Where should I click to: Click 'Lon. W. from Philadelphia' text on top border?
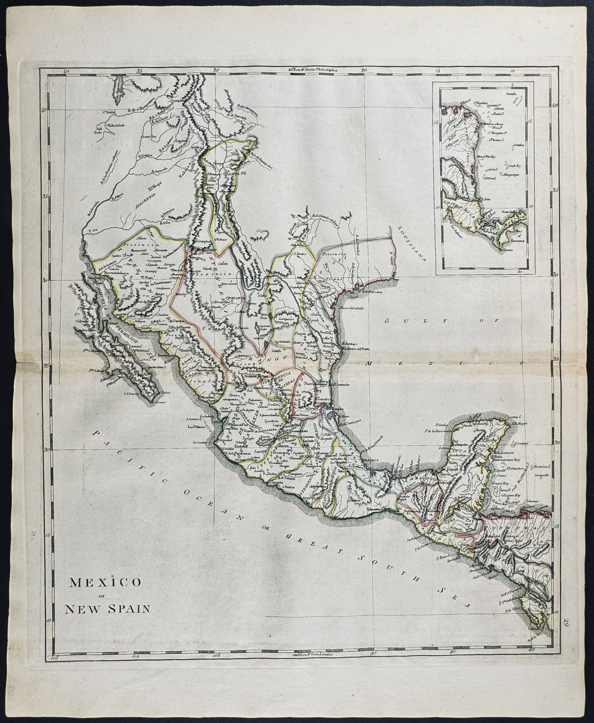(314, 69)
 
